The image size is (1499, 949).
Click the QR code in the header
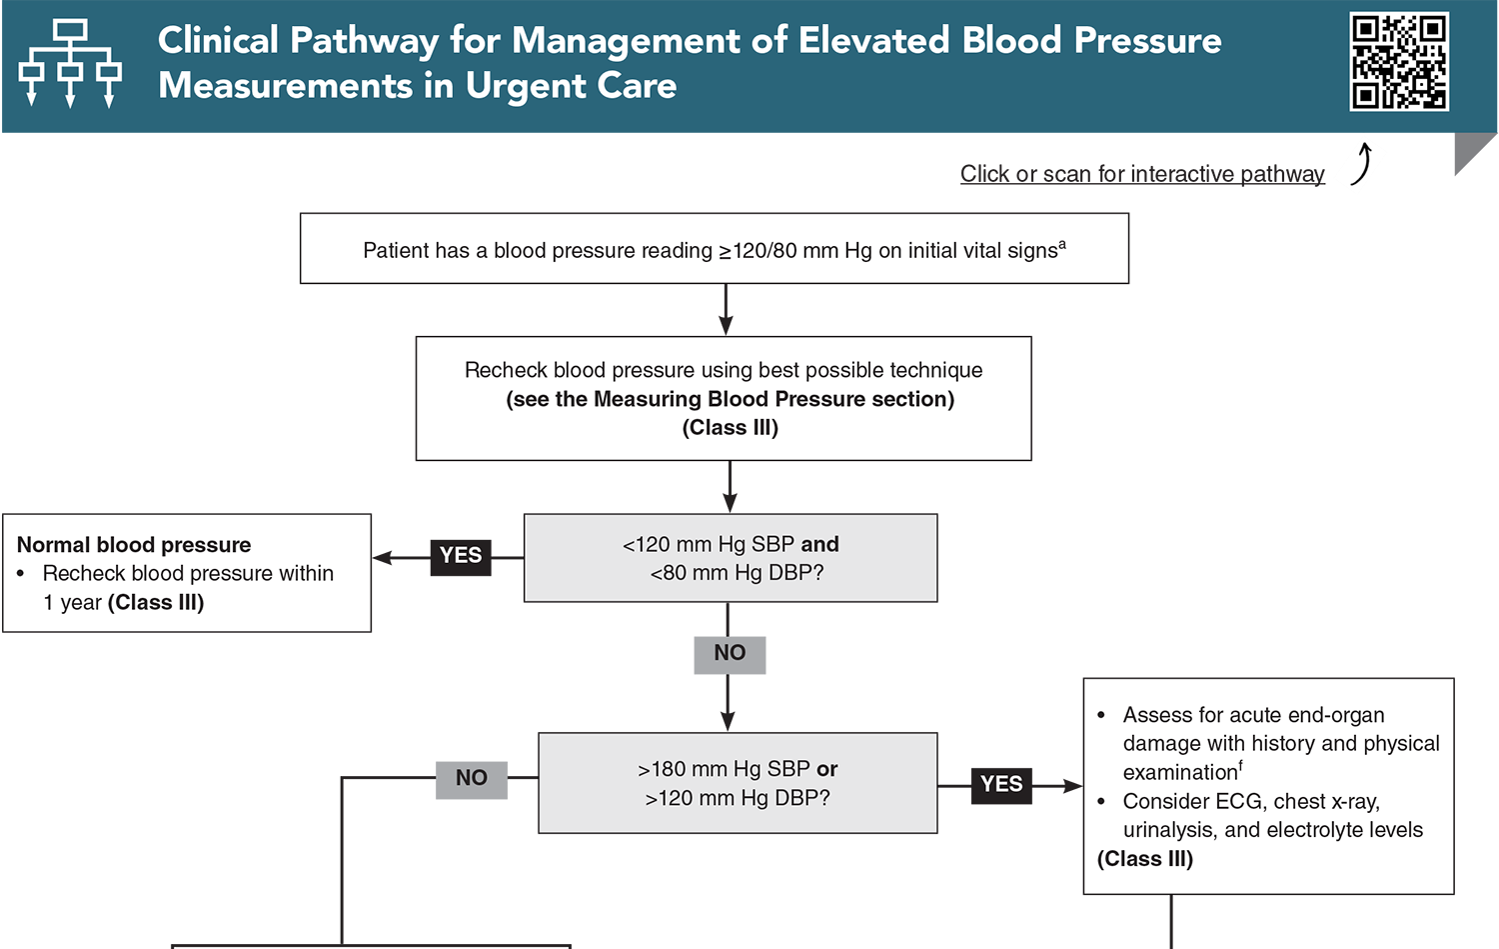pos(1398,62)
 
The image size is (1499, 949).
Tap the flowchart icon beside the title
pos(70,63)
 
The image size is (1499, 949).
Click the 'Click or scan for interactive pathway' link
pos(1141,174)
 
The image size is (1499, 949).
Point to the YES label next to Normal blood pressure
pos(461,555)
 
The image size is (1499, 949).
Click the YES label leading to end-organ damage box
pos(1001,784)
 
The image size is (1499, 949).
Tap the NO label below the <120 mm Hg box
pos(730,653)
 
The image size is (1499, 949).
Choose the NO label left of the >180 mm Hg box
pos(472,778)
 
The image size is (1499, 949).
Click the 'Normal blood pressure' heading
pos(134,545)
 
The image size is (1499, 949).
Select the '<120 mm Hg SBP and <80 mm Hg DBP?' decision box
pos(731,558)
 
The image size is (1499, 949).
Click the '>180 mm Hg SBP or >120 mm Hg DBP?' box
pos(738,783)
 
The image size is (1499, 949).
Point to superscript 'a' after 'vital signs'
pos(1062,244)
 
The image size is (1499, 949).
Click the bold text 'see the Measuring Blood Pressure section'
pos(730,399)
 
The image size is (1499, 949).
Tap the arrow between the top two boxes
pos(726,310)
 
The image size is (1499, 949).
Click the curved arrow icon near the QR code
pos(1361,165)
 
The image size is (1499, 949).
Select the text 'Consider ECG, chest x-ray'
pos(1251,801)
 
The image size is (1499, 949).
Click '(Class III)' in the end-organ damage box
pos(1145,859)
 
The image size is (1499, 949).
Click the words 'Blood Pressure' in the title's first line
pos(1091,40)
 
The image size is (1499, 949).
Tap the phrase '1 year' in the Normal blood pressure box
pos(72,603)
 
